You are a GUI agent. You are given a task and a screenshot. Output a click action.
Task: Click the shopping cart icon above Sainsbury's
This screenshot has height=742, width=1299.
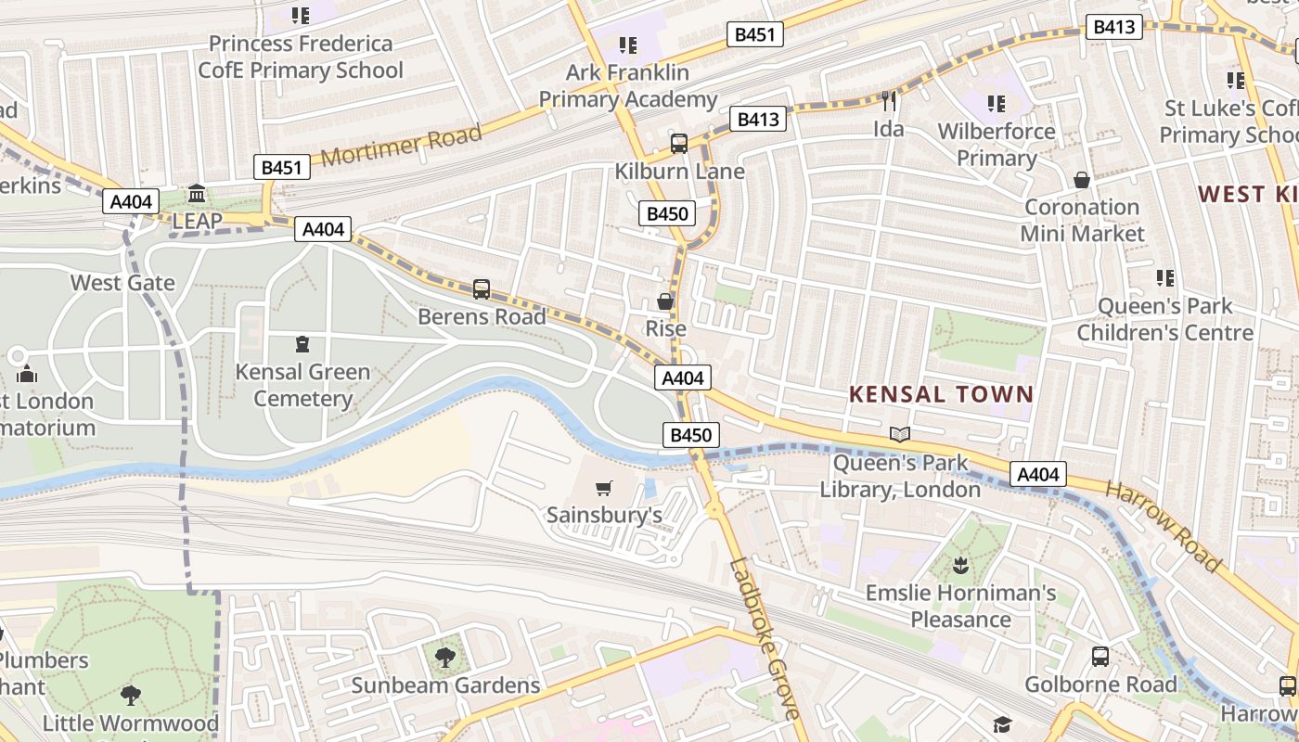604,488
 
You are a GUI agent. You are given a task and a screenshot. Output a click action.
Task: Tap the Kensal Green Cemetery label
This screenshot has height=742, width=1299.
302,385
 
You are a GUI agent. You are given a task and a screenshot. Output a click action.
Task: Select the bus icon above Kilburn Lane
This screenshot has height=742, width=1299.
679,143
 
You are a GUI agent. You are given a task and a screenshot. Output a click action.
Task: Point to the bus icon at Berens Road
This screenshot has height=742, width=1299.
481,288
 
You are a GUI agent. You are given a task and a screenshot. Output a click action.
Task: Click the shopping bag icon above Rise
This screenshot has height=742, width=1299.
665,301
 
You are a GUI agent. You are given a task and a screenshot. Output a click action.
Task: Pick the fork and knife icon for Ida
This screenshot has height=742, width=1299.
889,101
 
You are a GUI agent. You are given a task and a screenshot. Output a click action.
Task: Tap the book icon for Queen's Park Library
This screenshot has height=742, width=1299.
899,434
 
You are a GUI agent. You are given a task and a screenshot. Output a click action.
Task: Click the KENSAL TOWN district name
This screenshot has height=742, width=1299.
941,394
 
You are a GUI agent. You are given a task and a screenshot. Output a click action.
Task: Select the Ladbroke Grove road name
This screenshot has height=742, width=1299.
764,638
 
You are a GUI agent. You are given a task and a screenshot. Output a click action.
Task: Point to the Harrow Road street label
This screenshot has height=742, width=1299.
1164,526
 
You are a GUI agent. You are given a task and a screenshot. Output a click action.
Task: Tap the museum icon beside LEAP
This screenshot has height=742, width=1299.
197,194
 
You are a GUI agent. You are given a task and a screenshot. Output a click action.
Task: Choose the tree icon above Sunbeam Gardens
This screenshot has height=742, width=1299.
445,658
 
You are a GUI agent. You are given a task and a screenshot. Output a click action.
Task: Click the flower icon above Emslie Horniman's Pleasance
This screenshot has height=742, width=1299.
960,564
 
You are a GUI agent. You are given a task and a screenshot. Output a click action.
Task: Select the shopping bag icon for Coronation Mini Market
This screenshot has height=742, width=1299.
1082,180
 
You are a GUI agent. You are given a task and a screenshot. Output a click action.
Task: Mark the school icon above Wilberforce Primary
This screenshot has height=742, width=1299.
997,103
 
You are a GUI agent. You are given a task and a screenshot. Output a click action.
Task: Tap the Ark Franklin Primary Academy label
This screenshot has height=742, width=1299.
628,85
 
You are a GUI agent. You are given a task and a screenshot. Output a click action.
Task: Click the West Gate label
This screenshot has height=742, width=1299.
122,282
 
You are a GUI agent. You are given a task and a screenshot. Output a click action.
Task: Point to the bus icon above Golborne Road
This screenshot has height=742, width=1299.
1100,657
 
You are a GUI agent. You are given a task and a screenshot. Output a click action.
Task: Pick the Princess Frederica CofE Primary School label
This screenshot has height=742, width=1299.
301,57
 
